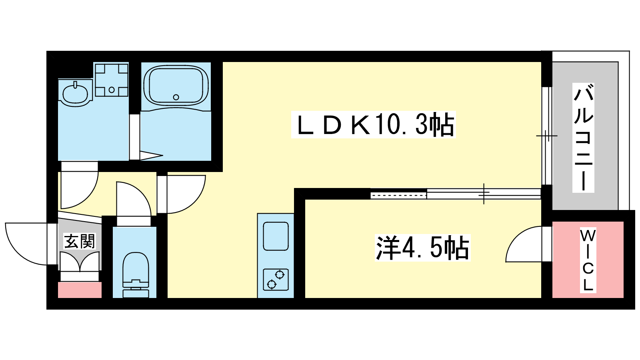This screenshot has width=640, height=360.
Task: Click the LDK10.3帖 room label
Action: [374, 125]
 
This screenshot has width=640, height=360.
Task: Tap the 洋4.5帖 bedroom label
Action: [422, 248]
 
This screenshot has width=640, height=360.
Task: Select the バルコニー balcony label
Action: [583, 138]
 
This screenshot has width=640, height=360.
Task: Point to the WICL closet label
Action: [588, 260]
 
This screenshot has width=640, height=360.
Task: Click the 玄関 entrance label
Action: [80, 242]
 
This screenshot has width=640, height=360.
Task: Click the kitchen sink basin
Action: [276, 236]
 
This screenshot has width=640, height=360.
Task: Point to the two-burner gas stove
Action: [276, 280]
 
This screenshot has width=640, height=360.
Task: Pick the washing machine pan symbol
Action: [112, 80]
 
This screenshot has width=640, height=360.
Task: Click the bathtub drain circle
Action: [176, 97]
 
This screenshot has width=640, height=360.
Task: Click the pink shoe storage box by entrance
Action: [80, 290]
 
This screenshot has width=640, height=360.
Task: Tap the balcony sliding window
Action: [546, 136]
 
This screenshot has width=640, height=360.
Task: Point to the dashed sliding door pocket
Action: [398, 196]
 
